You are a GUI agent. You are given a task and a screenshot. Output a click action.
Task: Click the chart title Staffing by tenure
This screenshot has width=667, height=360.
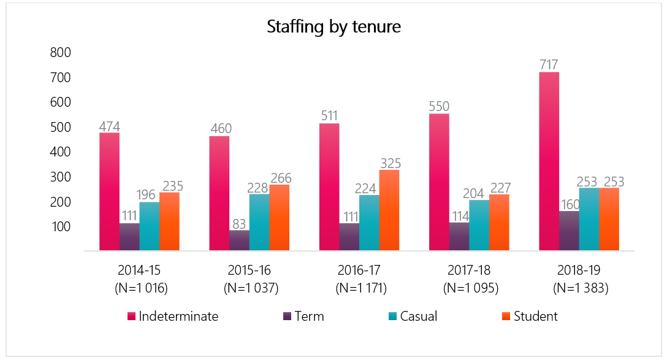[x=333, y=28]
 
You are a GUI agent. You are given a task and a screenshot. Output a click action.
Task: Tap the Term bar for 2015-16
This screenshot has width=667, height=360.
[x=239, y=240]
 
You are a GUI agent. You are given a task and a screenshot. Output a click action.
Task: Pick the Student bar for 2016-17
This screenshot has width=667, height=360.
[x=389, y=210]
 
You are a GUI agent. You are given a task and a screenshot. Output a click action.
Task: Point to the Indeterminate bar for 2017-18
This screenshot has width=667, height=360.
[x=439, y=182]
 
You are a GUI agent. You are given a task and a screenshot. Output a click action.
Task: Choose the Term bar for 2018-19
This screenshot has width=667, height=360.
[x=569, y=231]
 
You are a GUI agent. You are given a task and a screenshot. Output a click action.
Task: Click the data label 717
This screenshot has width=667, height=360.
[x=549, y=64]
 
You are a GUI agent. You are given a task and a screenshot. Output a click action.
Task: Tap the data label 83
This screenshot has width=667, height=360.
[x=239, y=222]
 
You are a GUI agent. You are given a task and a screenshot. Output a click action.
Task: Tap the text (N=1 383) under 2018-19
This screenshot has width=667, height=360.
[x=579, y=288]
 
